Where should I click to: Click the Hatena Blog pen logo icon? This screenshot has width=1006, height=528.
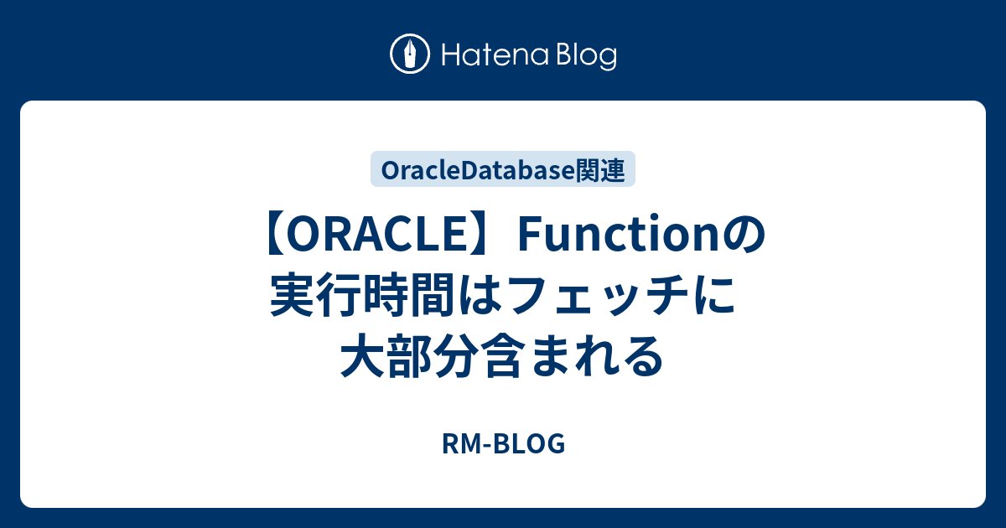tap(410, 55)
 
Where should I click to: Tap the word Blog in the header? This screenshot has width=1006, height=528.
tap(585, 56)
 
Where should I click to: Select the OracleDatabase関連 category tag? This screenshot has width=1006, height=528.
tap(503, 169)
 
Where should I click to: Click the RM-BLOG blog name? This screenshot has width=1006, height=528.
tap(503, 444)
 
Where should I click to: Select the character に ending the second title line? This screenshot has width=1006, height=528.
tap(718, 297)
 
